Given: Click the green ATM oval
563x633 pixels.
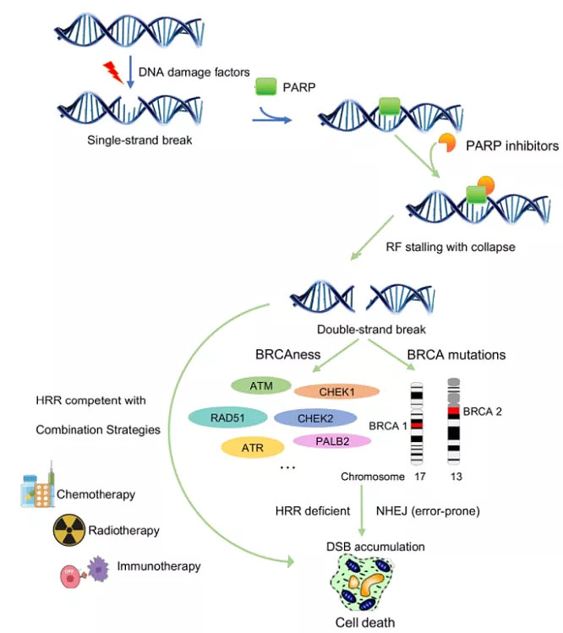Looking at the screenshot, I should [x=261, y=385].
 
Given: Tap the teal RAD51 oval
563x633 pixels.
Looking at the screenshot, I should [x=225, y=417].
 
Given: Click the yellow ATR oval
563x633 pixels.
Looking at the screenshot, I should [x=252, y=447].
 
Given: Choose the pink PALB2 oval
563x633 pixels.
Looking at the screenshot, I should [x=332, y=440].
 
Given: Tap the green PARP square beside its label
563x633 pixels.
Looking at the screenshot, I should [x=267, y=86].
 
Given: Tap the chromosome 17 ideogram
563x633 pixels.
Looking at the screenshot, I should [x=417, y=423].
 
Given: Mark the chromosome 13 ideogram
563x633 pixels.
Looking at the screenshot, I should [x=454, y=418].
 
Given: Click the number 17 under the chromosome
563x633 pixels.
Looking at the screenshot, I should [x=420, y=477].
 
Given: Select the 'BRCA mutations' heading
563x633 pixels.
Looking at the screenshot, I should [x=457, y=354].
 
